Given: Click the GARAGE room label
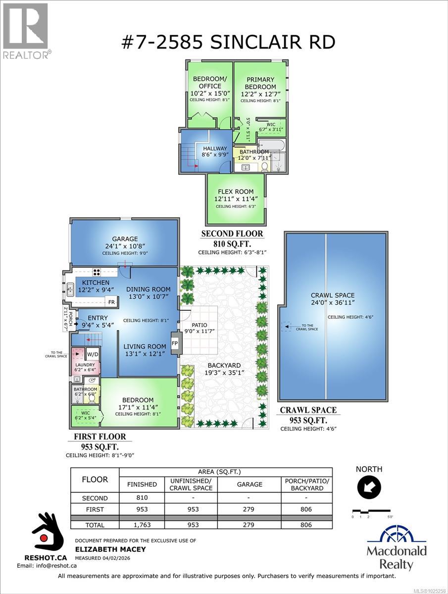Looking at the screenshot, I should click(124, 239).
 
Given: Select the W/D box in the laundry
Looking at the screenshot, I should click(93, 354).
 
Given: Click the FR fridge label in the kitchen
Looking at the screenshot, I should click(111, 302).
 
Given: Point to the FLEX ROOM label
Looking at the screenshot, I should click(236, 192).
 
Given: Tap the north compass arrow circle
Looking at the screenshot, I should click(369, 488).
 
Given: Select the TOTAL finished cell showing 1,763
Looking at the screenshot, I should click(142, 525).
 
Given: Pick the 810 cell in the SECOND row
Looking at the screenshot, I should click(142, 498).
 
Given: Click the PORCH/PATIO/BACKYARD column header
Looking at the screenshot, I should click(306, 485).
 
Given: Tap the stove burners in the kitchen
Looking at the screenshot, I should click(97, 272).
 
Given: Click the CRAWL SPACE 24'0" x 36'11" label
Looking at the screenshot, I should click(333, 299).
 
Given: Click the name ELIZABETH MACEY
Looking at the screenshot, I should click(102, 548).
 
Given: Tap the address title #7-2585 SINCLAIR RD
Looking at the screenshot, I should click(228, 42).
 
